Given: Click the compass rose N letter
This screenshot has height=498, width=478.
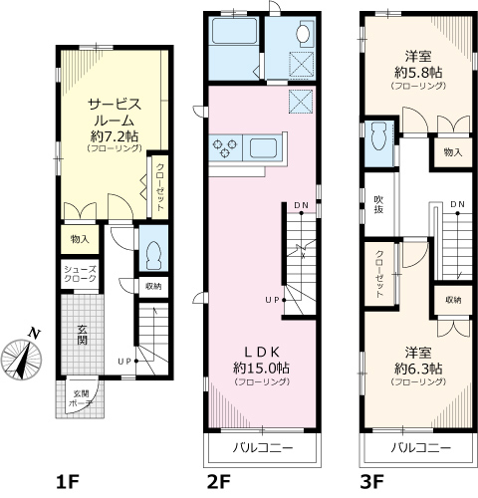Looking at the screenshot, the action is click(x=34, y=333).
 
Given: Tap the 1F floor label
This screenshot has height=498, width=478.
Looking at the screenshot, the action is click(x=68, y=482).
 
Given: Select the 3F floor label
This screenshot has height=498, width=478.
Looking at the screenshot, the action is click(x=372, y=482).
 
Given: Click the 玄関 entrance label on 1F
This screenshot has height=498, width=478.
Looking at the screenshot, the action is click(x=82, y=335).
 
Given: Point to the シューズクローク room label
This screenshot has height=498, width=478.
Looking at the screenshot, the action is click(x=80, y=274).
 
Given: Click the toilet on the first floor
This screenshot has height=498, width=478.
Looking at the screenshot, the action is click(x=153, y=255).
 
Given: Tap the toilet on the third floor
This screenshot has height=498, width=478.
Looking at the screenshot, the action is click(x=379, y=135).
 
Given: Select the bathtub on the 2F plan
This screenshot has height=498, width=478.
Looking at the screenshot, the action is click(x=234, y=31).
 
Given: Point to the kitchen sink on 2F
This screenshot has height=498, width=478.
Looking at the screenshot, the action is click(x=264, y=148).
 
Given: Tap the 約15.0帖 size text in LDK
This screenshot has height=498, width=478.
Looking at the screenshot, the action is click(x=261, y=368).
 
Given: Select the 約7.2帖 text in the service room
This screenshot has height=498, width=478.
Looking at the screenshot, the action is click(x=115, y=135).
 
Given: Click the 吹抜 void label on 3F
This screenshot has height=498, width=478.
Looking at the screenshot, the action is click(x=378, y=204).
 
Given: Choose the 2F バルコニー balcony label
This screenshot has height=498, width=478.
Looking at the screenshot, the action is click(x=262, y=448).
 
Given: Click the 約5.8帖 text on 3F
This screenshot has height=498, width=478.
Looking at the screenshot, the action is click(x=418, y=72).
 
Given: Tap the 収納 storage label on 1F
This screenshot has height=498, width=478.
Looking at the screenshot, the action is click(x=153, y=286).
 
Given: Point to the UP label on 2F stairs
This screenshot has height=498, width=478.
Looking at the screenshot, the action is click(x=272, y=300).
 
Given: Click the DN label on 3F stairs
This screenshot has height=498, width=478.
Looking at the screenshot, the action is click(x=457, y=204).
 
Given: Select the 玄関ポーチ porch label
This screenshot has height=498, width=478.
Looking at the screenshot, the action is click(x=81, y=398).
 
